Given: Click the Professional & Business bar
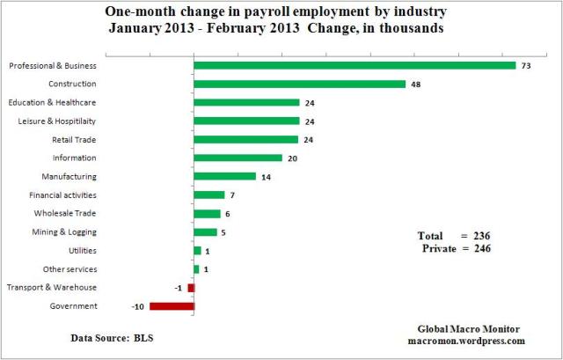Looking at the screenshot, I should coord(355,65).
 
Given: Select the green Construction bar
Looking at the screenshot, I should coord(299,84).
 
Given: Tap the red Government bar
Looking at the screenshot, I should coord(172,306).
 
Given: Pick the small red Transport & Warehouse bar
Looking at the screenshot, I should coord(191,288).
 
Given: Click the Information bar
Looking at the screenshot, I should coord(238,158).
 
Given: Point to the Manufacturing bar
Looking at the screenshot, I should coord(224,176).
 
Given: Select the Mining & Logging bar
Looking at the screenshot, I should coord(205,232).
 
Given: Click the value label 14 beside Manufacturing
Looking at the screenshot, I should coord(267,177).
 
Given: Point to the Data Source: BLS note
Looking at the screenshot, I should coord(113,337).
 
